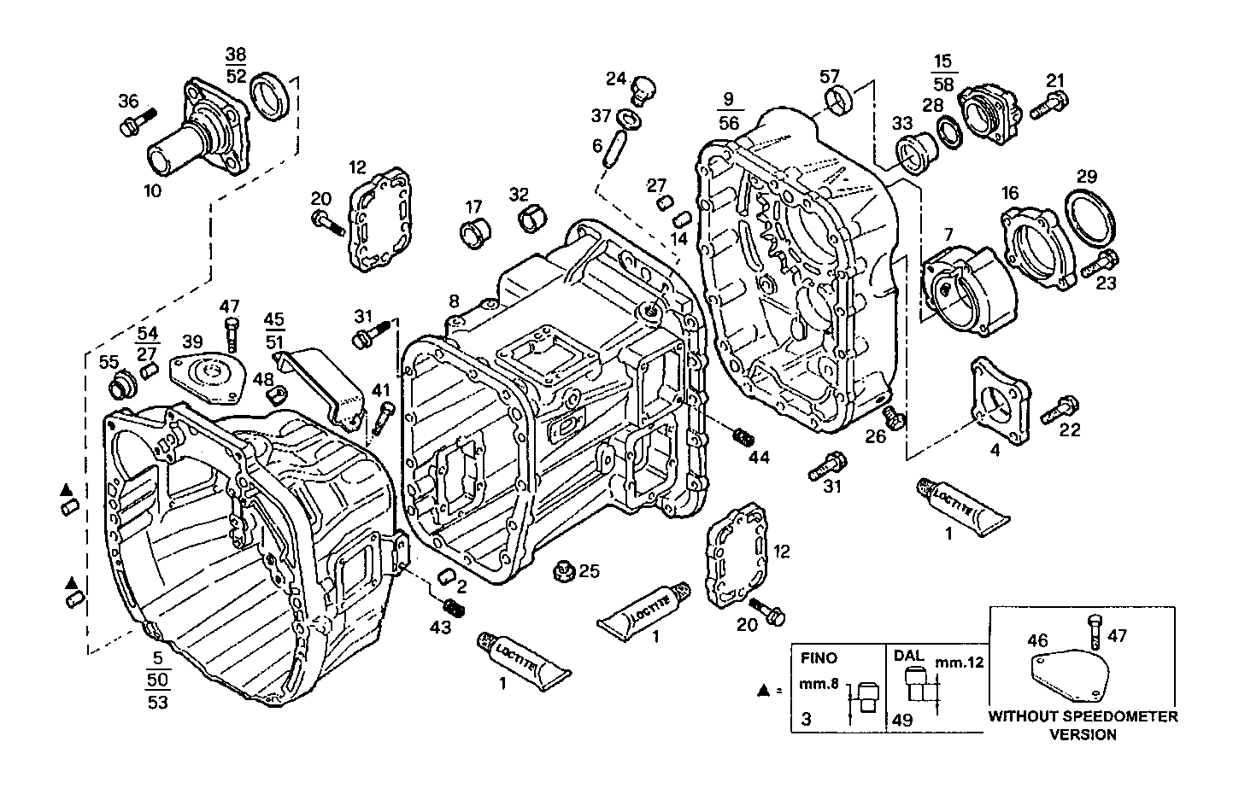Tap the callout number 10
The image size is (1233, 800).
coord(152,190)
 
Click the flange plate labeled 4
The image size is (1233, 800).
coord(998,401)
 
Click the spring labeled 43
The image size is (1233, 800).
coord(456,608)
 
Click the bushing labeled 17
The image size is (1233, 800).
coord(473,232)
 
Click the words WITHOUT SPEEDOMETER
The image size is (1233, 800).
coord(1082,716)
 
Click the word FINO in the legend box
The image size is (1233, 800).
coord(819,658)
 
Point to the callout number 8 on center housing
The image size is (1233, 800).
coord(455,301)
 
